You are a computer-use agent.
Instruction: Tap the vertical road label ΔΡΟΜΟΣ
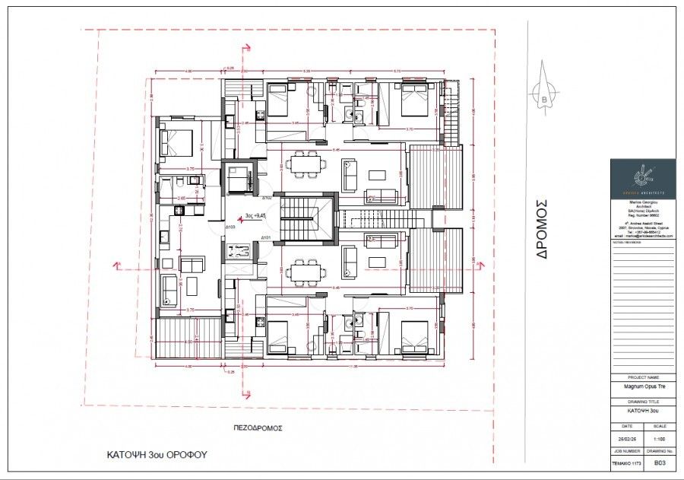(x=542, y=230)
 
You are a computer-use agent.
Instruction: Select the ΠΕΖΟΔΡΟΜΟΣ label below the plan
(x=258, y=428)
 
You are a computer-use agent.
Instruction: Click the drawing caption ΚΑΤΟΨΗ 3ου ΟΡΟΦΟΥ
(x=157, y=455)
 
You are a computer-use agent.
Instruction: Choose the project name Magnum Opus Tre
(x=643, y=386)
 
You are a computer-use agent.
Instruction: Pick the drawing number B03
(x=659, y=462)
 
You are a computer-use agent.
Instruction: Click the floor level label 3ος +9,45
(x=255, y=215)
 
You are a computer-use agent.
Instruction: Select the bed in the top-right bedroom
(x=414, y=100)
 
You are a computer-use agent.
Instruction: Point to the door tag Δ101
(x=267, y=238)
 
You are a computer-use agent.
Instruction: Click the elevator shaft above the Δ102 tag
(x=242, y=178)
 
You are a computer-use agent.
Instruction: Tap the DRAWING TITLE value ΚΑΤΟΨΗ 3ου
(x=643, y=411)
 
